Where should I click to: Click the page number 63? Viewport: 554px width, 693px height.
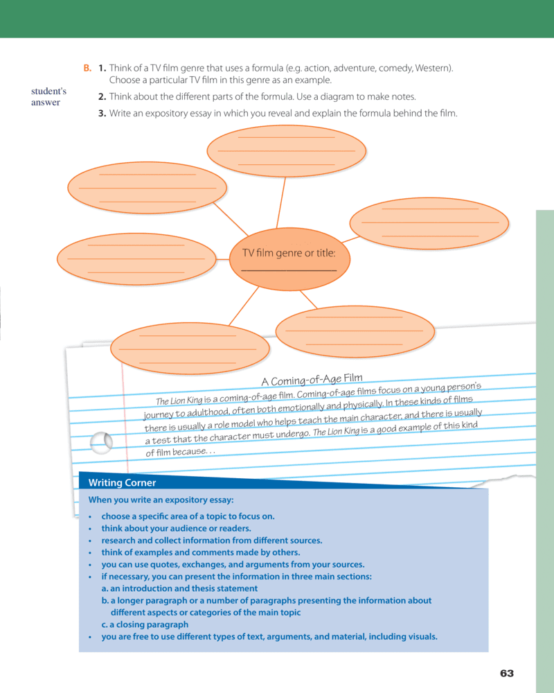click(507, 674)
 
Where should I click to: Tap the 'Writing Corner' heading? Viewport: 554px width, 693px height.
click(118, 483)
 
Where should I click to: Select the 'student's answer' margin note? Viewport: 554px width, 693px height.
click(48, 97)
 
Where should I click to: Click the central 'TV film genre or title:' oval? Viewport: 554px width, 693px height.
click(289, 259)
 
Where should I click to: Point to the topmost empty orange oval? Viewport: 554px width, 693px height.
click(286, 150)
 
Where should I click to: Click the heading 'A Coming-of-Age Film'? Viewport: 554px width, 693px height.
click(312, 380)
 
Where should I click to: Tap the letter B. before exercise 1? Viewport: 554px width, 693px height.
click(87, 68)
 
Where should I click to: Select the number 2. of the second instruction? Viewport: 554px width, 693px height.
click(102, 97)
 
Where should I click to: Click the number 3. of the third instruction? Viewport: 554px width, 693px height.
click(102, 114)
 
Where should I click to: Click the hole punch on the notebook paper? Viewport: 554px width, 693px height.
click(102, 441)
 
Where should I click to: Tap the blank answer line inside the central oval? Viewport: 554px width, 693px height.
click(289, 270)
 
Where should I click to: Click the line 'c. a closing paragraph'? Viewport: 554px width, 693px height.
click(145, 624)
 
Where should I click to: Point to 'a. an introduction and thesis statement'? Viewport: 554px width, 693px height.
click(179, 588)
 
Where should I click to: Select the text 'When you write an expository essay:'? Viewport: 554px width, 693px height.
click(161, 500)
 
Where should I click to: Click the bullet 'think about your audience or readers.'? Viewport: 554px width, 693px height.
click(176, 528)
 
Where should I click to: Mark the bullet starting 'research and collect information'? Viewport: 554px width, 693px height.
click(211, 541)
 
